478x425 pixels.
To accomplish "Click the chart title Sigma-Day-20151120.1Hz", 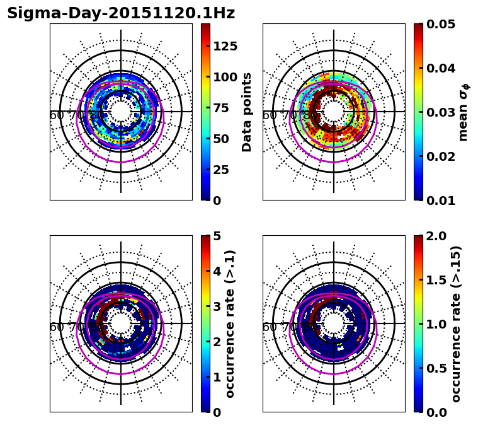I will pos(121,13).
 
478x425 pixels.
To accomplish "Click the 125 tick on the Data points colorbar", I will pos(225,46).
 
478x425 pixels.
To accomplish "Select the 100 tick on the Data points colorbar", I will pos(225,77).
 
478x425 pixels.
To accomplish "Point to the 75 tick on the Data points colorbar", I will pos(221,108).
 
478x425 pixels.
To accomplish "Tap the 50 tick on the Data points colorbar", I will pos(221,139).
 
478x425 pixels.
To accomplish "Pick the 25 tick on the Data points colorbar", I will pos(221,170).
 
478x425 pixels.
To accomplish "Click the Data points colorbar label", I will pos(247,112).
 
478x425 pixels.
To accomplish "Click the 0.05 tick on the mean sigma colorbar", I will pos(441,24).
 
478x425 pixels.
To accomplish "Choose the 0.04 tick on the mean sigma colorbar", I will pos(441,68).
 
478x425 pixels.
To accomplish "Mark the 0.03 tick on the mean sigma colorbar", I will pos(441,112).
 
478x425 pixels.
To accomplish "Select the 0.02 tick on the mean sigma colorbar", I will pos(441,156).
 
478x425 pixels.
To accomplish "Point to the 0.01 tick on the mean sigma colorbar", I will pos(441,201).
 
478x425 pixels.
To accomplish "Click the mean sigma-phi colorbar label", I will pos(464,112).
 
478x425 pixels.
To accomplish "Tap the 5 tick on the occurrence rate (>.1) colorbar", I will pos(217,236).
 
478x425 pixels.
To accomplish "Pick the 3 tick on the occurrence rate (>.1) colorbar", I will pos(217,306).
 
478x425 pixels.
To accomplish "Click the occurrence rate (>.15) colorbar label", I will pos(456,323).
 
